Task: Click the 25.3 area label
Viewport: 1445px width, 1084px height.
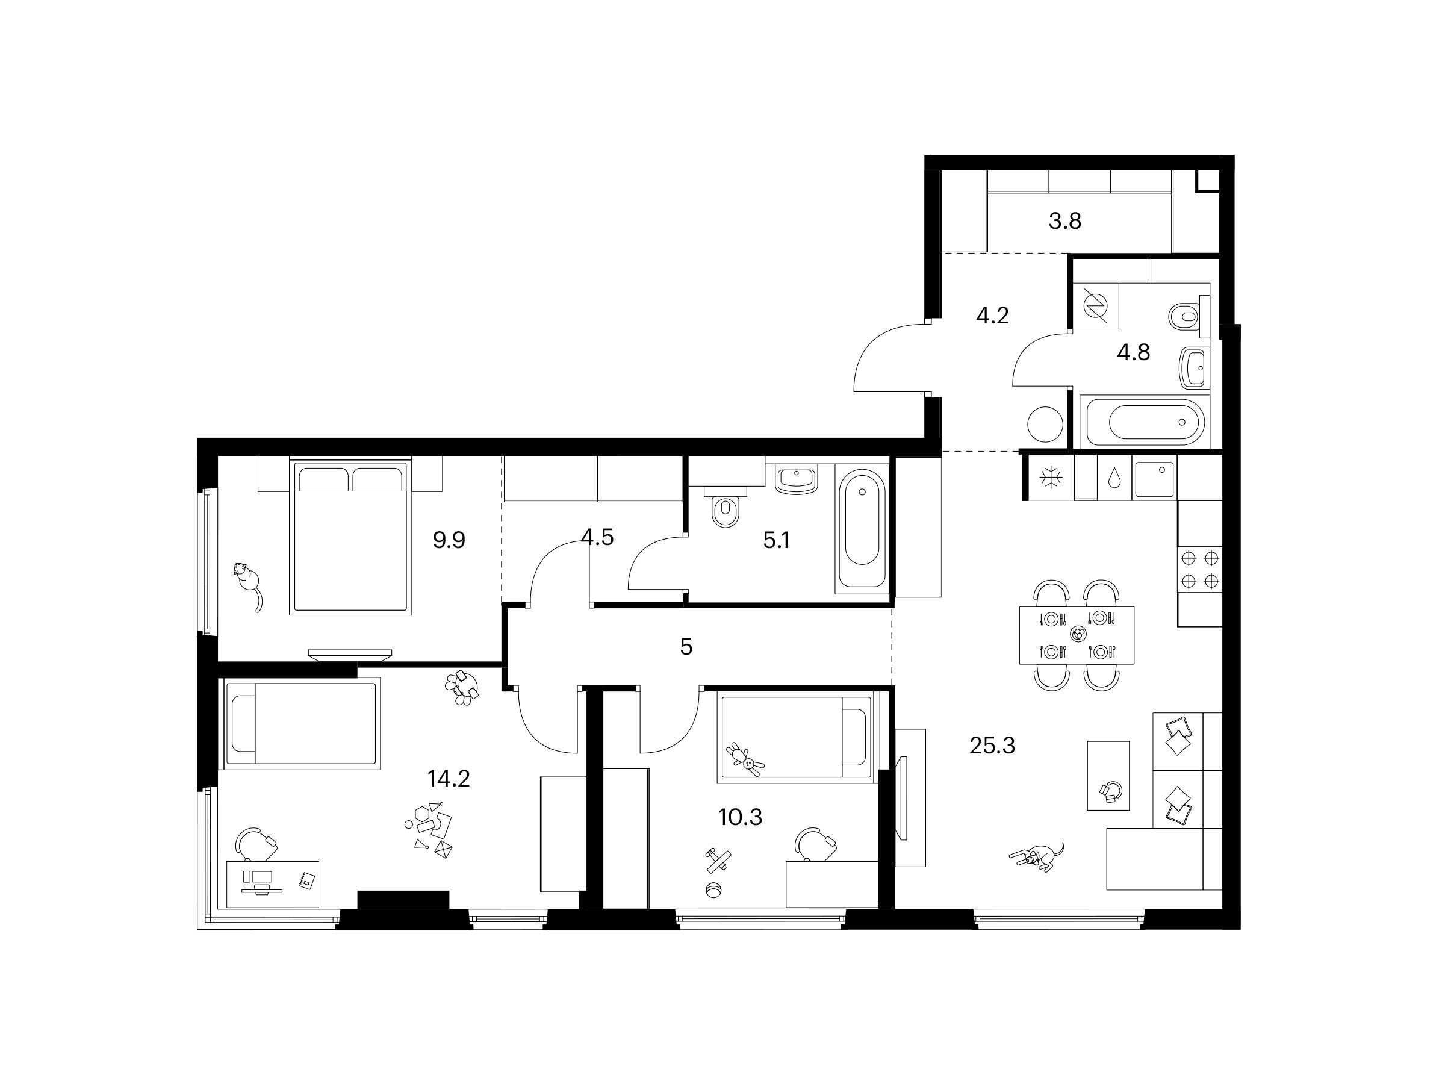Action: coord(992,745)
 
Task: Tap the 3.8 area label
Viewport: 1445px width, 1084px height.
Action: coord(1065,222)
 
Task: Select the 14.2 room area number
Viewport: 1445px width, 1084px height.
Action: coord(448,778)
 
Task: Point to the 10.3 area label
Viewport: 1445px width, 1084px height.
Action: coord(740,817)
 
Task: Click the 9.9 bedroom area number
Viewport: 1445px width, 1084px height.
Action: coord(449,540)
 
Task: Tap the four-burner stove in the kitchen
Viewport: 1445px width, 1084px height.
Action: coord(1200,569)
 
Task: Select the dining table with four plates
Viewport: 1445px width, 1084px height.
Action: coord(1077,635)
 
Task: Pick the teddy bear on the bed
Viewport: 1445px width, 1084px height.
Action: coord(745,759)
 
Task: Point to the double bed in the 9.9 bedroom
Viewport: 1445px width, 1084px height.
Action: coord(351,537)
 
